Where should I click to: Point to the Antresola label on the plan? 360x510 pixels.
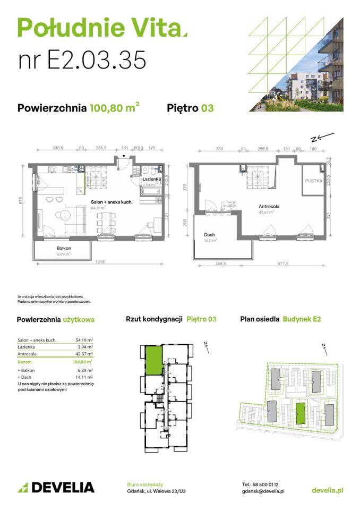pos(270,206)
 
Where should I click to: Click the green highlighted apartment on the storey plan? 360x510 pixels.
pos(153,360)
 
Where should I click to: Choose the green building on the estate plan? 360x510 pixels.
pos(301,413)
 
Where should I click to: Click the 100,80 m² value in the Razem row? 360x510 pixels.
pos(84,361)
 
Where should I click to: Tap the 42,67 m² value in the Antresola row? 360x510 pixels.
pos(84,354)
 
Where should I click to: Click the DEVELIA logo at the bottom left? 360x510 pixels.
pos(56,487)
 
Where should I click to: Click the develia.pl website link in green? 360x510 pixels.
pos(327,490)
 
